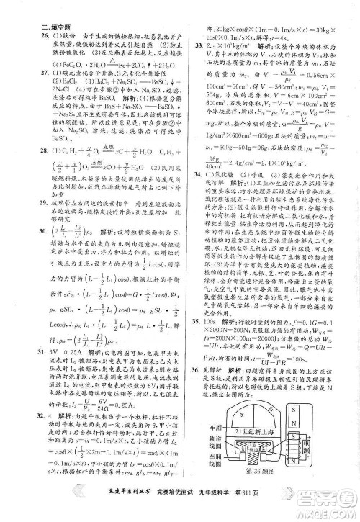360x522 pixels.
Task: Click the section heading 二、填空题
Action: tap(34, 30)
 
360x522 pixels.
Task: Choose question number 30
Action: tap(25, 253)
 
